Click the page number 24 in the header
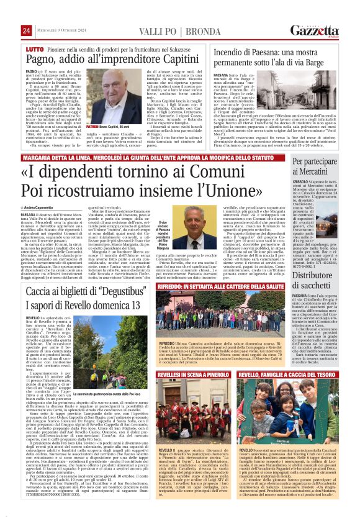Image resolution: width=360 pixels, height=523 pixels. (26, 31)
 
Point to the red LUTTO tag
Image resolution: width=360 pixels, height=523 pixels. (34, 48)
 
